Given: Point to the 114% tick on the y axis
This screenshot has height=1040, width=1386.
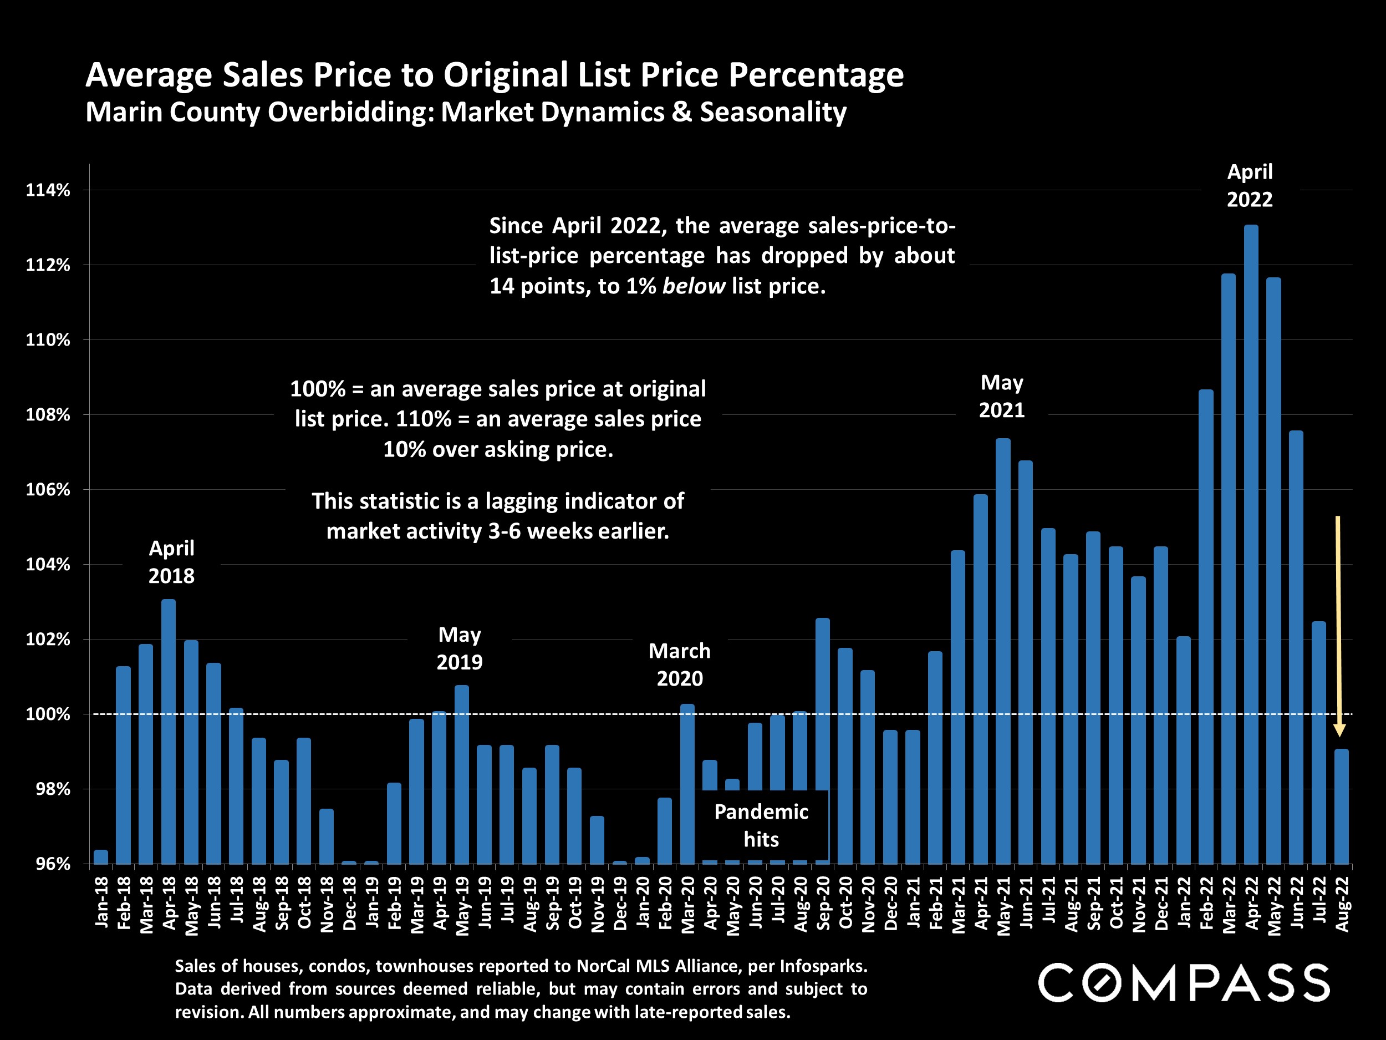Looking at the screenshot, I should [x=48, y=190].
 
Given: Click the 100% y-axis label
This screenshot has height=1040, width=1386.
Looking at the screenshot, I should [x=48, y=714].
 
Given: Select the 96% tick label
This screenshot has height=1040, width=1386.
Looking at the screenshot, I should [x=53, y=864].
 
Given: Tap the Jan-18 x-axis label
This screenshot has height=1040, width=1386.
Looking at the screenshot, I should [x=101, y=902].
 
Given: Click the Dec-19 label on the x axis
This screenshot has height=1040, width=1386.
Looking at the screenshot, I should [x=620, y=902].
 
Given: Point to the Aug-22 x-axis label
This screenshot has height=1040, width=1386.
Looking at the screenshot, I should [x=1342, y=902].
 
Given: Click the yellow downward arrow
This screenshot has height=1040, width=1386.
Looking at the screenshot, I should [x=1338, y=627].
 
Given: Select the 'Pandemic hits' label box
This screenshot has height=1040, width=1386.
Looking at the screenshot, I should [x=761, y=825].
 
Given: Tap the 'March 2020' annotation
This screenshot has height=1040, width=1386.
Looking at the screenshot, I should [x=679, y=664].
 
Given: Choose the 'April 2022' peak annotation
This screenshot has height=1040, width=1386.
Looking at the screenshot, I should [x=1250, y=186].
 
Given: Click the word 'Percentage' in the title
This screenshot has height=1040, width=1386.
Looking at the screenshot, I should [x=815, y=75].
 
